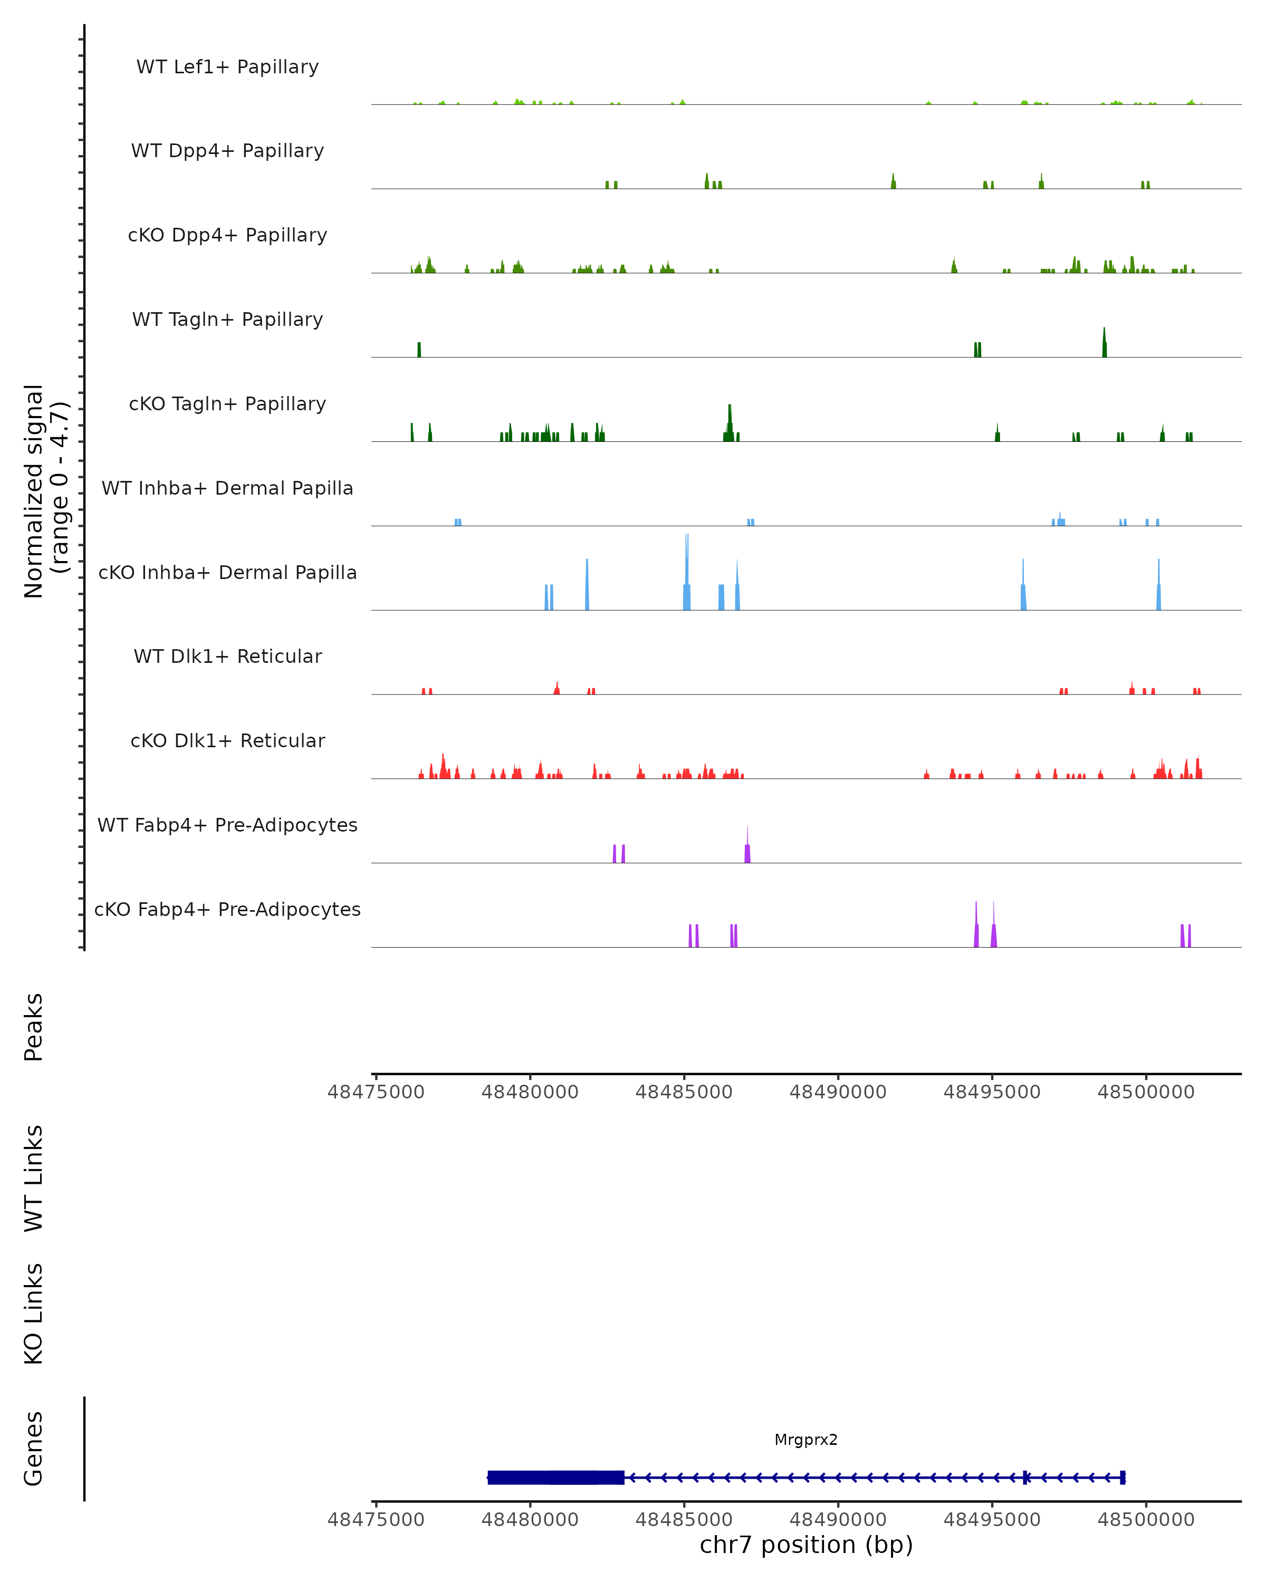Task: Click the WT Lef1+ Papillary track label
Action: click(x=227, y=67)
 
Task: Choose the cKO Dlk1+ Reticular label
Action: click(x=227, y=740)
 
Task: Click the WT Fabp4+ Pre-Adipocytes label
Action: click(x=227, y=825)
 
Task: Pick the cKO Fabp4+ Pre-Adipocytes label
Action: click(x=227, y=909)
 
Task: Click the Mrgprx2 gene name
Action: click(x=806, y=1440)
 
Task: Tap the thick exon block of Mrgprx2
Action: click(x=555, y=1477)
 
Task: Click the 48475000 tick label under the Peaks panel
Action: click(x=376, y=1092)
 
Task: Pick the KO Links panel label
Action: click(x=34, y=1314)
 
